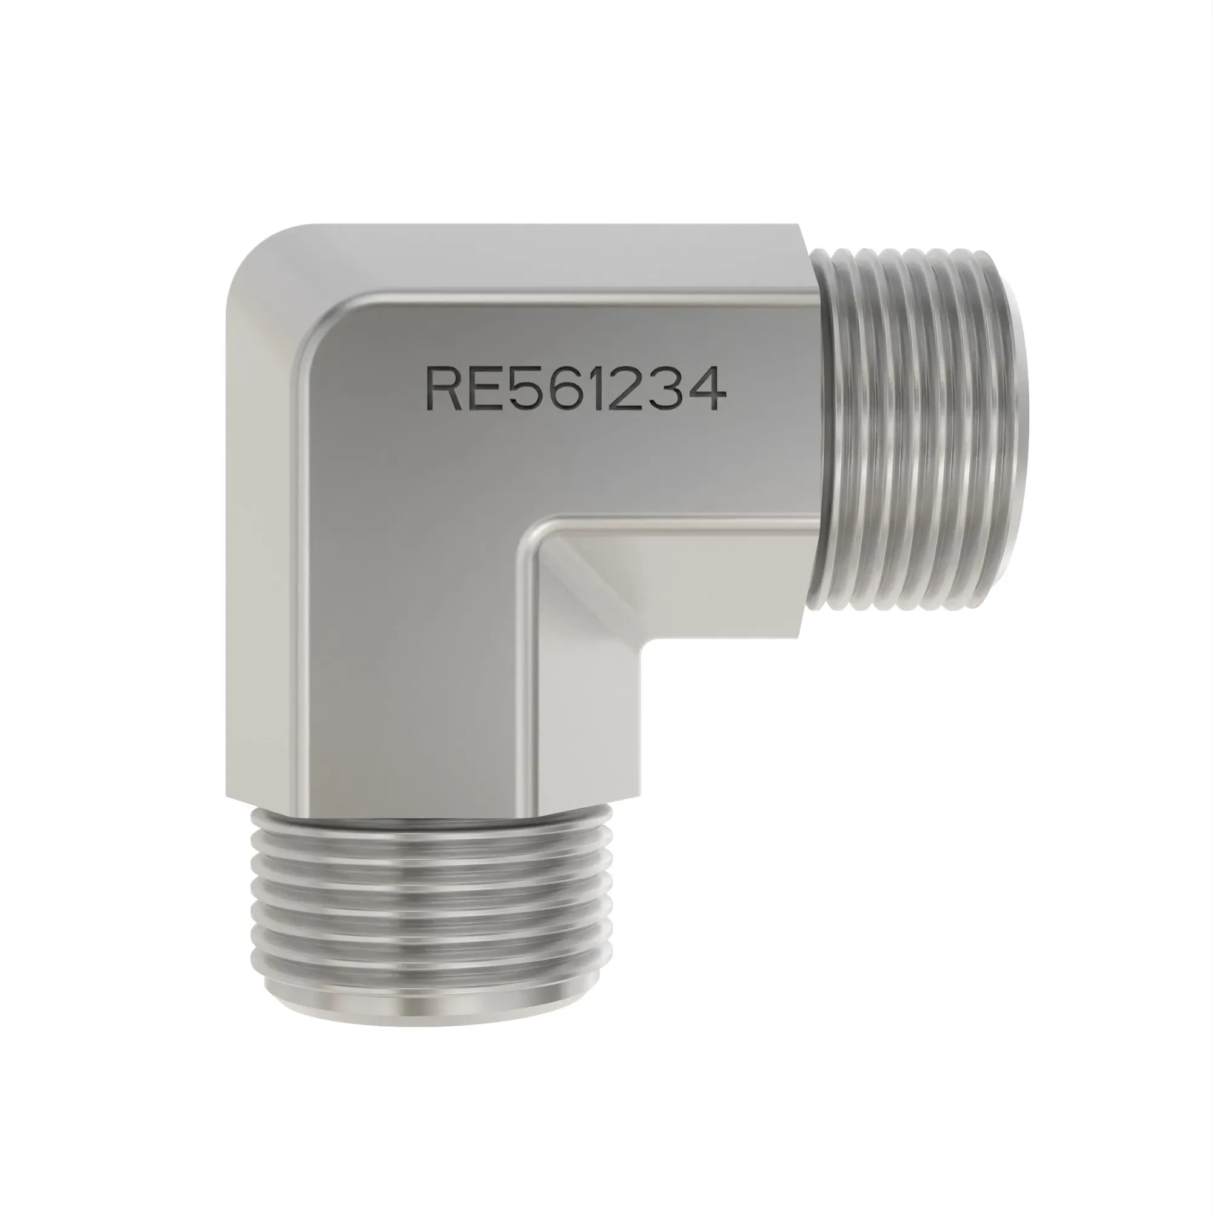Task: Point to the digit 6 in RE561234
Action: (563, 389)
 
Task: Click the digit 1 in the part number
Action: (596, 389)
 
